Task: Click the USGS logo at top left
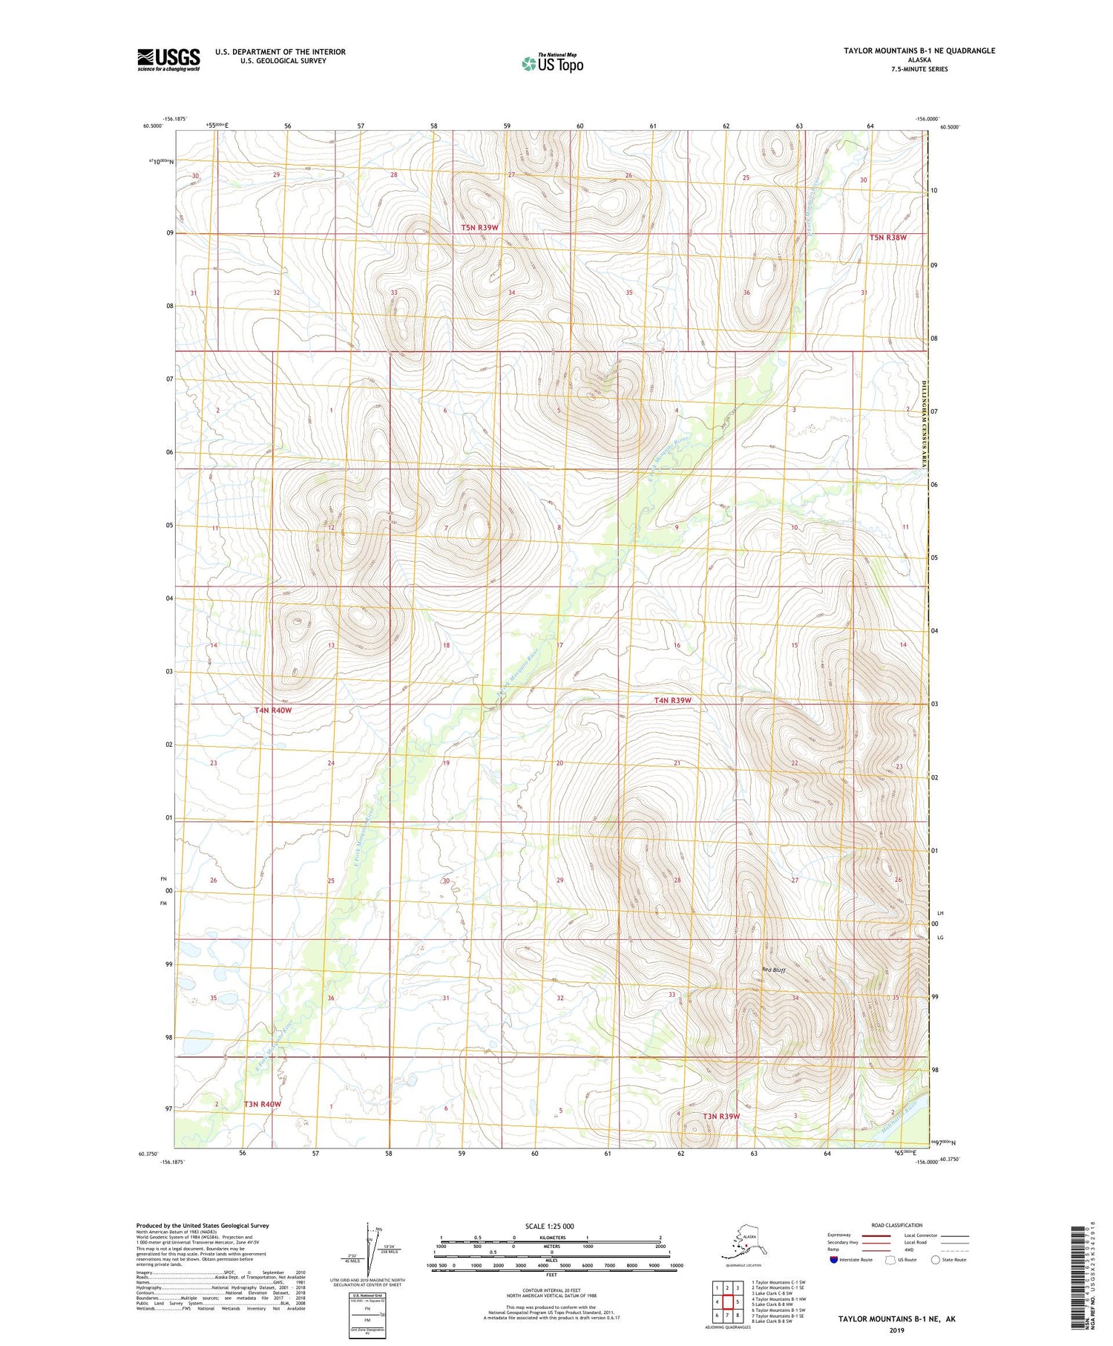[168, 59]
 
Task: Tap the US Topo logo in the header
[552, 63]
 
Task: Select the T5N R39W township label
[479, 227]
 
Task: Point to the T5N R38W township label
[887, 238]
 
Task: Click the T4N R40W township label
[273, 710]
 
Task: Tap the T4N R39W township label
[672, 700]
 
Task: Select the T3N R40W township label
[262, 1104]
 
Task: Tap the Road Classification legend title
[896, 1225]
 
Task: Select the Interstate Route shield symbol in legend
[834, 1260]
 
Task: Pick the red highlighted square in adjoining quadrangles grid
[728, 1301]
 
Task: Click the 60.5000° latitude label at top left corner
[152, 126]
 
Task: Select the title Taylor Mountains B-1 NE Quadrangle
[919, 50]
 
